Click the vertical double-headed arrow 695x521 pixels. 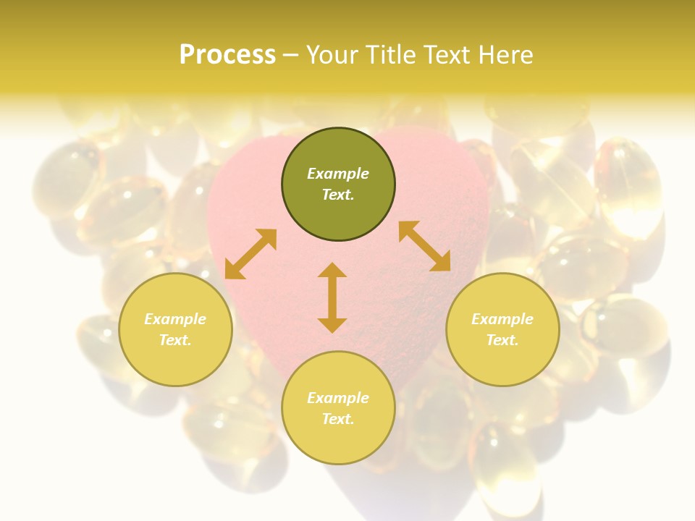pyautogui.click(x=332, y=297)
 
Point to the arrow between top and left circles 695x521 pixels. pyautogui.click(x=250, y=254)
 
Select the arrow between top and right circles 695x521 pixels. pyautogui.click(x=424, y=246)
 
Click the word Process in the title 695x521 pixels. pyautogui.click(x=227, y=55)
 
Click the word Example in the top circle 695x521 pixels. pyautogui.click(x=338, y=174)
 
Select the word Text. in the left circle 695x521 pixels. pyautogui.click(x=175, y=340)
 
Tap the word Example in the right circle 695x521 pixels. pyautogui.click(x=502, y=319)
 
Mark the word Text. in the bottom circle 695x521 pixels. pyautogui.click(x=338, y=419)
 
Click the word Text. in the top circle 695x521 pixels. pyautogui.click(x=338, y=195)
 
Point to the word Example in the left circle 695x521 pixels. pyautogui.click(x=175, y=319)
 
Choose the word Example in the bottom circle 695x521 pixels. pyautogui.click(x=338, y=398)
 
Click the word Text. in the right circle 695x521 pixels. pyautogui.click(x=502, y=340)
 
